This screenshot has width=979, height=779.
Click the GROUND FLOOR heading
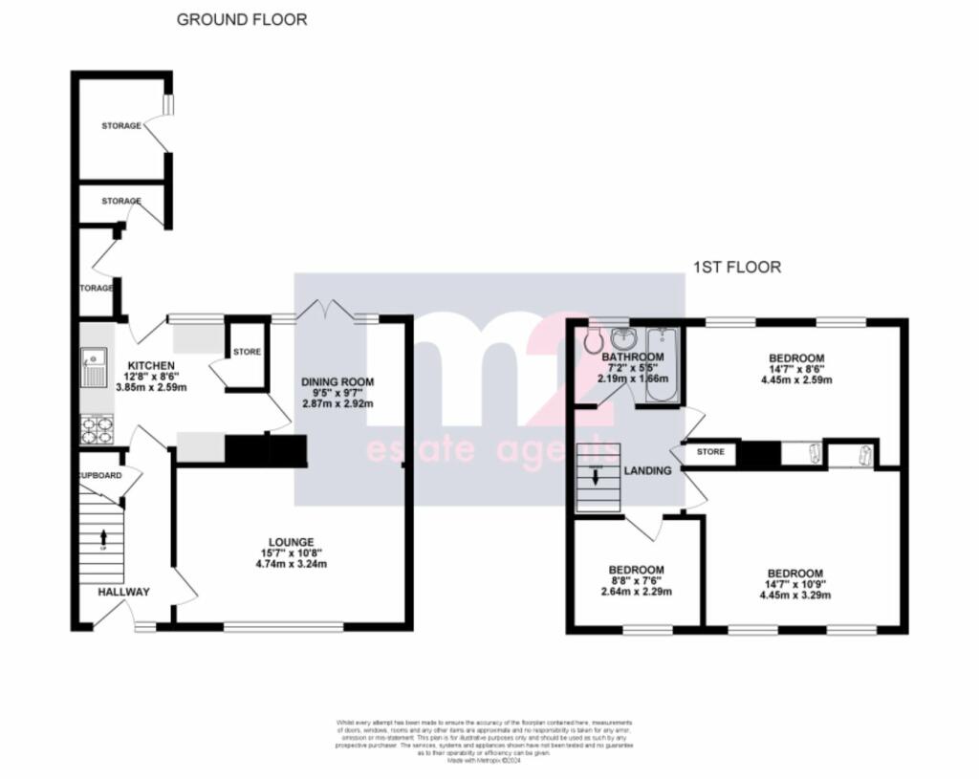point(242,19)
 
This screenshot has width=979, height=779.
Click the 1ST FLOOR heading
point(738,268)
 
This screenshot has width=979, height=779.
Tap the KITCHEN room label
point(152,365)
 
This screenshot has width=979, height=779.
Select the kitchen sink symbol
point(97,365)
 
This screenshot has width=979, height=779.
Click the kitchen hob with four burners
point(98,429)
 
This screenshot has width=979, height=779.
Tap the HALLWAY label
point(123,593)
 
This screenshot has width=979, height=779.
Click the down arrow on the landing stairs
point(597,478)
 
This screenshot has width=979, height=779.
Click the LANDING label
point(647,471)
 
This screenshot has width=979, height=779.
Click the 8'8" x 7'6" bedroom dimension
point(637,580)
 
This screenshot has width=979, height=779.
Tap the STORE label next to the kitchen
point(247,352)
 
